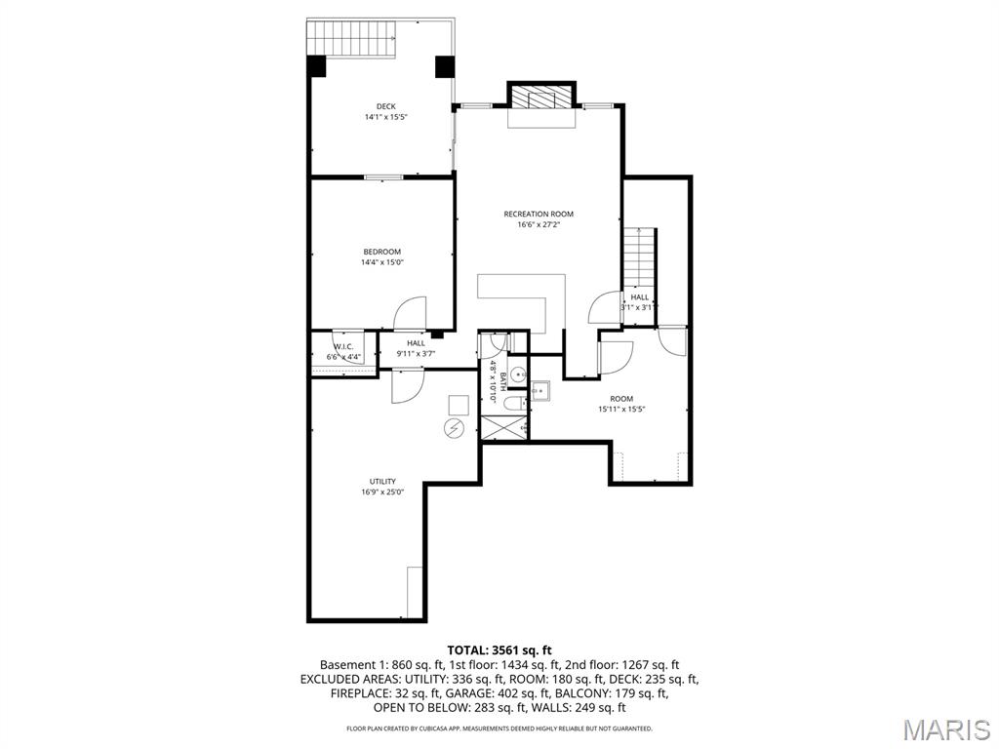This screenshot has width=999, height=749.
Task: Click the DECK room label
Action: pyautogui.click(x=384, y=106)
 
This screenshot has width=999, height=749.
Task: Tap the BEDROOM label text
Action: pyautogui.click(x=381, y=252)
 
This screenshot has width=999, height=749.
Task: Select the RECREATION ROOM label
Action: pyautogui.click(x=539, y=214)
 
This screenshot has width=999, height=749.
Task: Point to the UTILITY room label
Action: pyautogui.click(x=381, y=481)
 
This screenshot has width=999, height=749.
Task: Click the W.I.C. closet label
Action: pyautogui.click(x=343, y=346)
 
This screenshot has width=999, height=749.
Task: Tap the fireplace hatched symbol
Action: pyautogui.click(x=540, y=98)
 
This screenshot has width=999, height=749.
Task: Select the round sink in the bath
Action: pyautogui.click(x=517, y=374)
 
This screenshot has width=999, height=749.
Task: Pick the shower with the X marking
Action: pyautogui.click(x=503, y=428)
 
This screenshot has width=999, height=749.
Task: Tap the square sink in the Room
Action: pyautogui.click(x=539, y=391)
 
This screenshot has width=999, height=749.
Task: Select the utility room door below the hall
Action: pyautogui.click(x=406, y=386)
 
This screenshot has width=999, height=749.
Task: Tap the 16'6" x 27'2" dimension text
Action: pyautogui.click(x=539, y=225)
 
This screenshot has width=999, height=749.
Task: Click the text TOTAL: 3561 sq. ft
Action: pyautogui.click(x=499, y=650)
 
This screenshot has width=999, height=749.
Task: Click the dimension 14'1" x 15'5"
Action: pyautogui.click(x=384, y=117)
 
